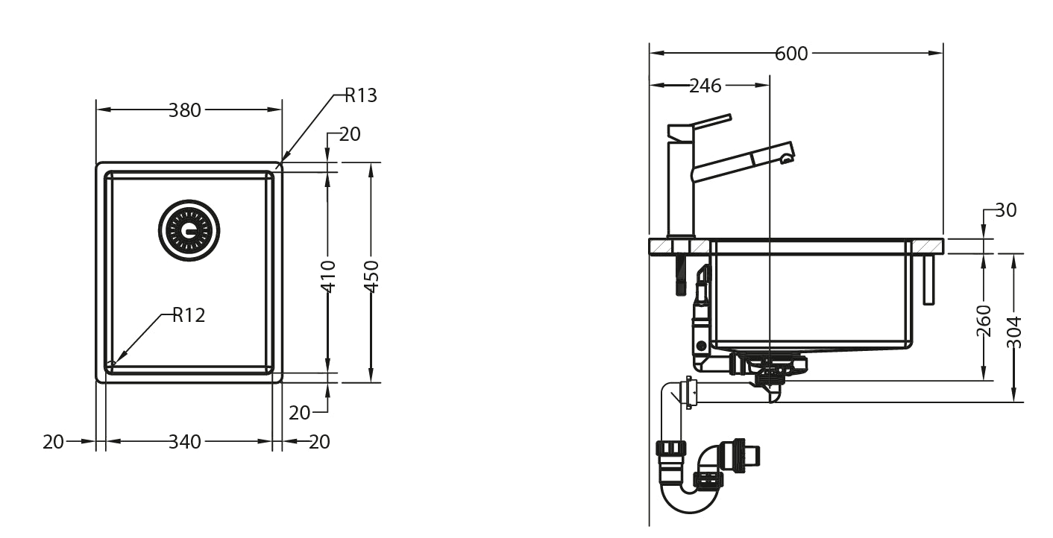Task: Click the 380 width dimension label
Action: [184, 110]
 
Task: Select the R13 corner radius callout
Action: [360, 95]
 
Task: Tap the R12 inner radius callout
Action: [188, 315]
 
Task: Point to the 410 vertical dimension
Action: [328, 275]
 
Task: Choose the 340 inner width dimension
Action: [184, 442]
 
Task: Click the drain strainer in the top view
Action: [189, 230]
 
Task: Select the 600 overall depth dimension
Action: [791, 54]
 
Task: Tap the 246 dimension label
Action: [705, 86]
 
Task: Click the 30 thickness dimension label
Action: [1005, 211]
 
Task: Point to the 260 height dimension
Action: [984, 320]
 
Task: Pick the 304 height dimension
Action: [1013, 332]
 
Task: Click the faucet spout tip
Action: [786, 156]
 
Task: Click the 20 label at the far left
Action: [53, 442]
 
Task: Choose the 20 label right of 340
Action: [318, 442]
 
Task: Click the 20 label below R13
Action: [349, 134]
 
